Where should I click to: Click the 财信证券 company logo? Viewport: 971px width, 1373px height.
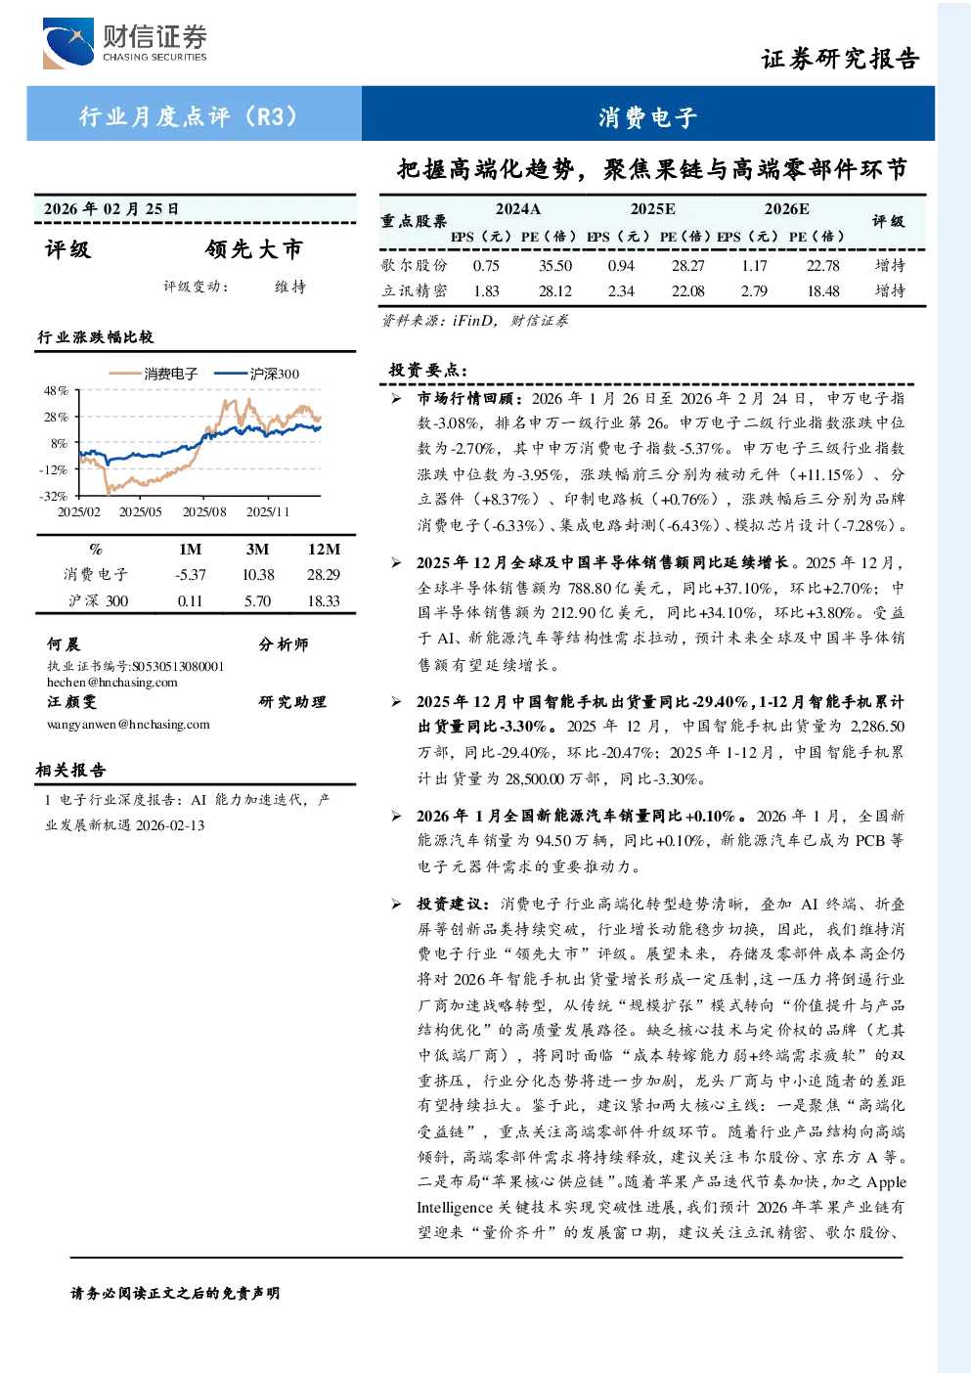coord(124,43)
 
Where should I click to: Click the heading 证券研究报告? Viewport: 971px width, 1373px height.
coord(840,59)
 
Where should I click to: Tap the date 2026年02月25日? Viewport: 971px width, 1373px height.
coord(110,209)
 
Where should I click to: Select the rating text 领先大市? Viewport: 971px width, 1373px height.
coord(254,249)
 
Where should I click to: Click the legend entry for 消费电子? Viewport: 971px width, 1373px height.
coord(154,374)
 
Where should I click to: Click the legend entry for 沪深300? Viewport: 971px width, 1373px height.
coord(256,374)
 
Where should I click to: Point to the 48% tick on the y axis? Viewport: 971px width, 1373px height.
coord(56,390)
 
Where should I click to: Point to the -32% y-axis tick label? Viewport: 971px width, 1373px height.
coord(54,496)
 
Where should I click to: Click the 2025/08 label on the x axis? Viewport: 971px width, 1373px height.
coord(204,511)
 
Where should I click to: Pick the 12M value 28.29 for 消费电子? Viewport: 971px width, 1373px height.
coord(324,574)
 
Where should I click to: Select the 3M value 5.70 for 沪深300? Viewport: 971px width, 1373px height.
coord(257,600)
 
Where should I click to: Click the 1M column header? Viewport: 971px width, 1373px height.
coord(190,550)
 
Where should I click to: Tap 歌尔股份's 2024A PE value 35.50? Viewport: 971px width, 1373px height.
coord(555,265)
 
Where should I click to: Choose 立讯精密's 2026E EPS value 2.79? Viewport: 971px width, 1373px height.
coord(754,290)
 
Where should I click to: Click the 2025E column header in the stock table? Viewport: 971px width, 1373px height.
coord(653,209)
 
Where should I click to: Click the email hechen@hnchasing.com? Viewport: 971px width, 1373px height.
coord(112,683)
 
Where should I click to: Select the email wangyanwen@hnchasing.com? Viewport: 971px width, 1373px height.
coord(128,725)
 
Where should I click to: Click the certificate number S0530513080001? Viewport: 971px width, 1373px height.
coord(178,666)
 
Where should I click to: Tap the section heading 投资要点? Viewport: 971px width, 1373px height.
coord(428,371)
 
